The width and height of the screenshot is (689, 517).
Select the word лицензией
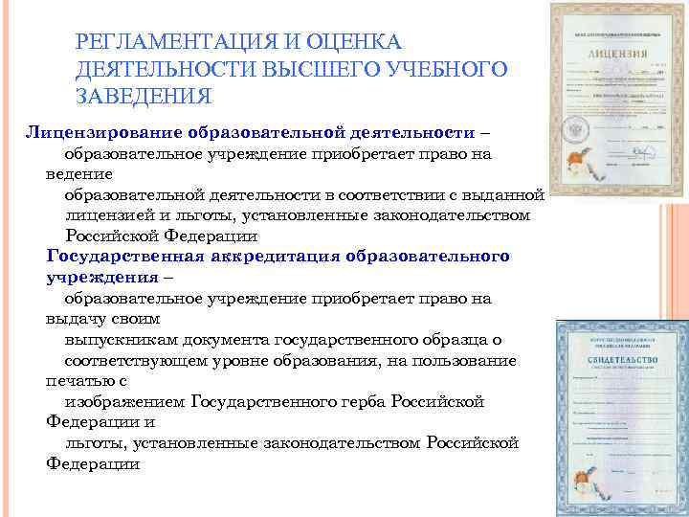tap(104, 215)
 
